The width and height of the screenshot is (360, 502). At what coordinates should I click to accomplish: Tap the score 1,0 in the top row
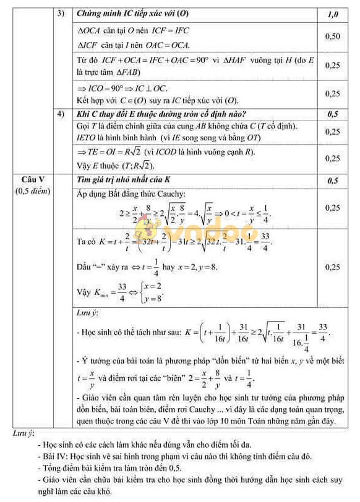click(333, 13)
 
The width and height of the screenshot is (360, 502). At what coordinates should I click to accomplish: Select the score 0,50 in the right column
click(333, 36)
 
